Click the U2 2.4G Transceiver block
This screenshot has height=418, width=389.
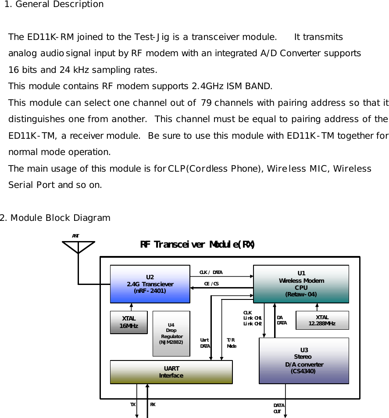click(150, 284)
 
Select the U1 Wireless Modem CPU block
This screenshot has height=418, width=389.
click(301, 284)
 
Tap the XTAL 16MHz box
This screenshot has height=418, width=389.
click(128, 322)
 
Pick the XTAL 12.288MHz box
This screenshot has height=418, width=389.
click(322, 320)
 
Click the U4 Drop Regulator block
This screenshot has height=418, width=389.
click(171, 333)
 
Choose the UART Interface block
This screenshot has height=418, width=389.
click(171, 372)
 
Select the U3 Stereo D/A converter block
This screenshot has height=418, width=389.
click(303, 360)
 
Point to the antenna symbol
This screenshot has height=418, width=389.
click(78, 247)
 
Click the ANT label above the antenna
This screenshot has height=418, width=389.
click(75, 236)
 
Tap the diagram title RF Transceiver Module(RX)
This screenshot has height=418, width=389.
click(197, 244)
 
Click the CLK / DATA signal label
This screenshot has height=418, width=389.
click(211, 272)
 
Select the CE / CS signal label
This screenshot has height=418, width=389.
click(211, 284)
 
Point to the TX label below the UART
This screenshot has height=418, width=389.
click(132, 404)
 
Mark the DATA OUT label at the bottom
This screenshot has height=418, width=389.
click(279, 408)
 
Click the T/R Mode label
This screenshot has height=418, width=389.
click(231, 343)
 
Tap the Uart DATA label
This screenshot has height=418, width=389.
click(205, 343)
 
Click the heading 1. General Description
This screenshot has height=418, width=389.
click(54, 4)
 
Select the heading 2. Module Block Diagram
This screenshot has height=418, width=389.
click(55, 218)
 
